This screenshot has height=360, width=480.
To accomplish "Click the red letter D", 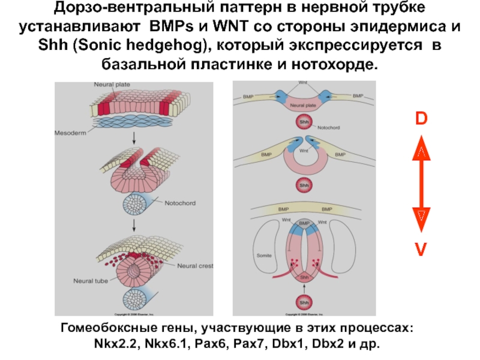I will point(422,119).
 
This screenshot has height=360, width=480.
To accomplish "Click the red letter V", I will point(422,247).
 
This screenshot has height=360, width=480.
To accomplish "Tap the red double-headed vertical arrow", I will point(422,183).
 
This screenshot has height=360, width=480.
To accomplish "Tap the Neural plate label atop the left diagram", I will point(112,85).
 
